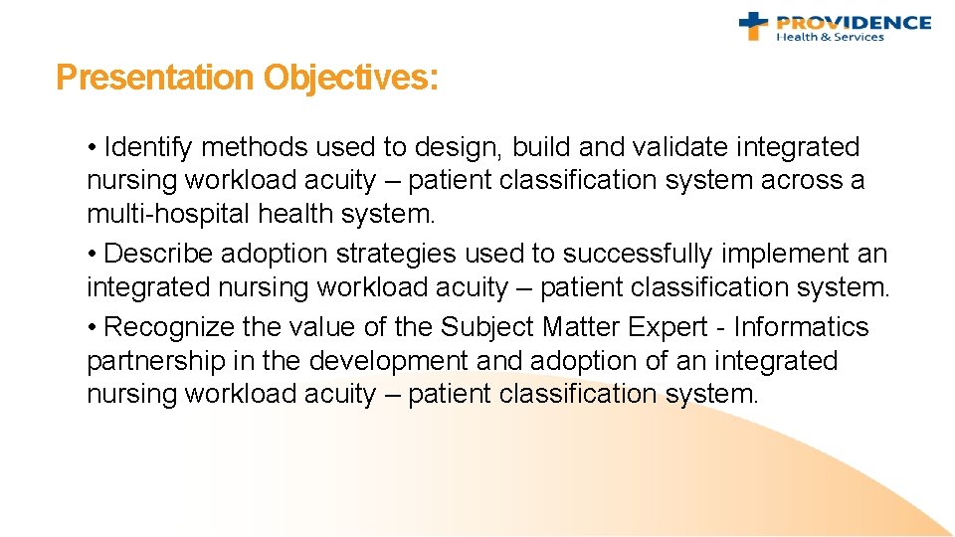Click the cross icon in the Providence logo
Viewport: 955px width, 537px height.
point(753,25)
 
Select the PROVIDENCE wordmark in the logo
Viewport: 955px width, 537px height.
point(854,22)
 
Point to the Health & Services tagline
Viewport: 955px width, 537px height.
point(830,38)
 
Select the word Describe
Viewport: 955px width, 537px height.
point(158,254)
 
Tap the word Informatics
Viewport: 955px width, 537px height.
point(801,327)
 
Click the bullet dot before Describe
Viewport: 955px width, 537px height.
point(92,255)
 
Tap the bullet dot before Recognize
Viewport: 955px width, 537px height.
point(92,328)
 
